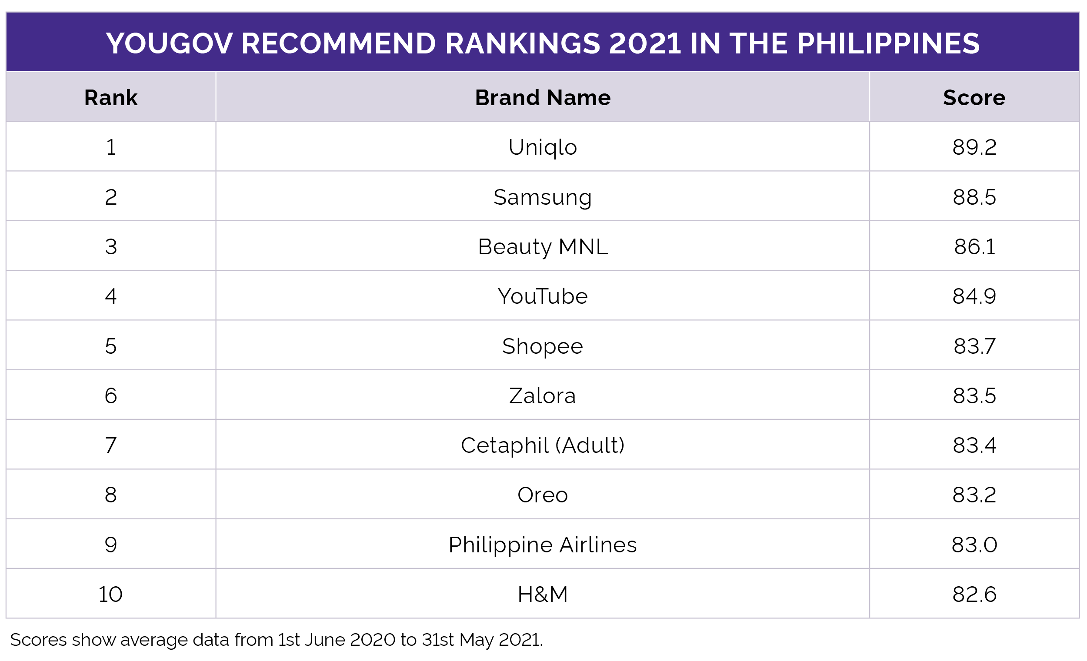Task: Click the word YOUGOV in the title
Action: tap(169, 43)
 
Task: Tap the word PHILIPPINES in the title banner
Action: tap(888, 43)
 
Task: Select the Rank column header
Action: tap(111, 97)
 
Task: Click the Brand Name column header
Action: tap(543, 97)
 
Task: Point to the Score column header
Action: tap(974, 97)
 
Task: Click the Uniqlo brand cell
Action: tap(543, 147)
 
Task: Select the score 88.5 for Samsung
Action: tap(974, 197)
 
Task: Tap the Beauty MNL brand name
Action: tap(543, 246)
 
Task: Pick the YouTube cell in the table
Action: tap(543, 296)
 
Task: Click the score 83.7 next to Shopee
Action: tap(974, 346)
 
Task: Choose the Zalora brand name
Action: tap(543, 396)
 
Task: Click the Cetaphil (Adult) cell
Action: tap(543, 445)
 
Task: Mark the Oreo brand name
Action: tap(543, 495)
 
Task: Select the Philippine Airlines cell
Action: tap(543, 545)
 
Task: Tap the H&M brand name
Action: tap(543, 595)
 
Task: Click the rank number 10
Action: tap(110, 595)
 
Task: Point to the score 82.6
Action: tap(974, 595)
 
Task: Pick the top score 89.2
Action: tap(974, 147)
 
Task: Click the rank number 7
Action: tap(111, 445)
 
